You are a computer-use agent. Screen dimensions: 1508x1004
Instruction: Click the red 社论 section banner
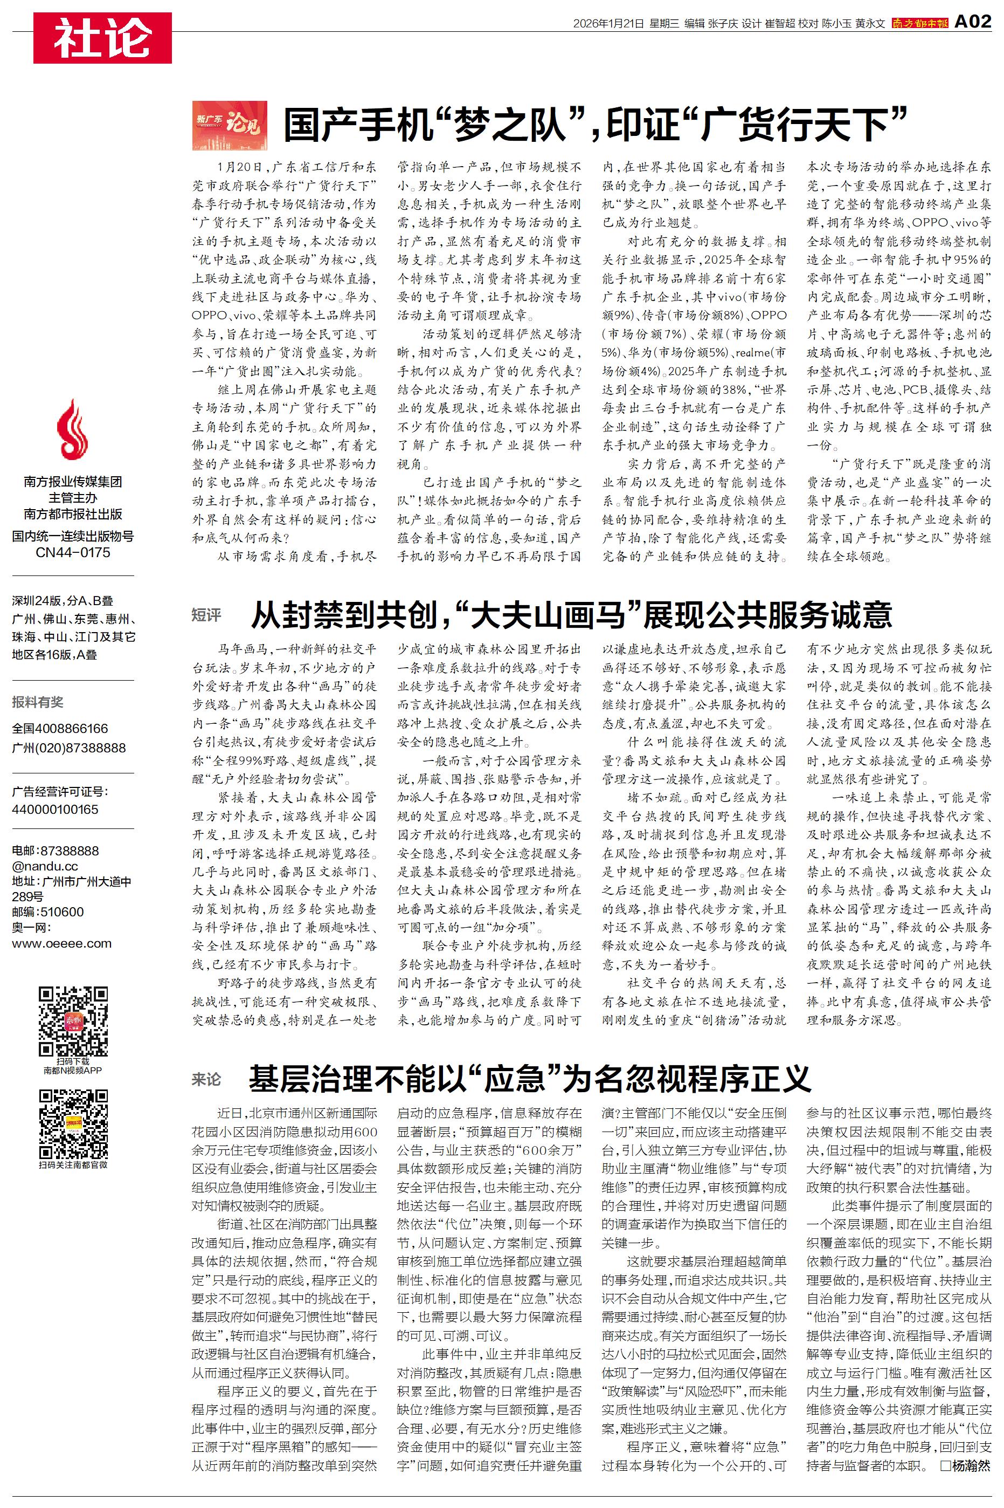tap(102, 38)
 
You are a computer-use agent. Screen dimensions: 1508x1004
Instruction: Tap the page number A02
tap(972, 22)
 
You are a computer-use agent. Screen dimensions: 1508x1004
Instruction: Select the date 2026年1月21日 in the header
tap(608, 24)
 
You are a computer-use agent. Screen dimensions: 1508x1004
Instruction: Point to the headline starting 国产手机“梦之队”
tap(596, 124)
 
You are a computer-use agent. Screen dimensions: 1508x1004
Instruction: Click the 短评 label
tap(206, 615)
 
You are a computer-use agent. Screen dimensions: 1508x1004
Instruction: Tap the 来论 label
tap(206, 1079)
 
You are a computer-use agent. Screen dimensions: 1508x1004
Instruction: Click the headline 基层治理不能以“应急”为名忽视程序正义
tap(530, 1079)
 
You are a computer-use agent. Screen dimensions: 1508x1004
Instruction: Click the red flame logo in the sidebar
tap(72, 429)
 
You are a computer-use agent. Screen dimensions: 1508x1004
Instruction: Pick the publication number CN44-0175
tap(72, 552)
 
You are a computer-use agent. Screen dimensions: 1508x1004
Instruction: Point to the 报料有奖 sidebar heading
tap(38, 702)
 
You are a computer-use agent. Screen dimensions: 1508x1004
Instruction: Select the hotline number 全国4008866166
tap(60, 728)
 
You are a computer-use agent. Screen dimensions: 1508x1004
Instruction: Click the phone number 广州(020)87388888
tap(68, 748)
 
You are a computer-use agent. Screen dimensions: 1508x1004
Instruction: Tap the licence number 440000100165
tap(55, 809)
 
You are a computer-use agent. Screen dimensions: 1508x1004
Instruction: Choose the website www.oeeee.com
tap(61, 943)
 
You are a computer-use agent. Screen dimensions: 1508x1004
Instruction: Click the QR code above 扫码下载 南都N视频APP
tap(73, 1021)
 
